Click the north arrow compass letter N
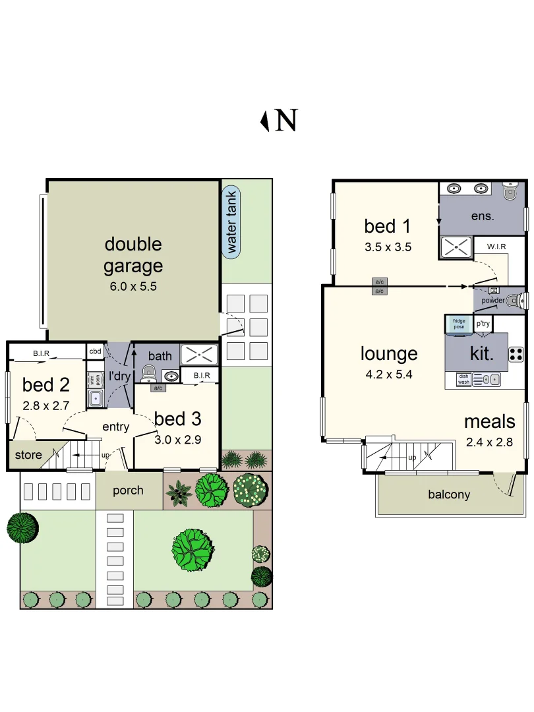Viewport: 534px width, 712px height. pyautogui.click(x=286, y=121)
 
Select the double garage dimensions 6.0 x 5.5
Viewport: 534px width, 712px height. pyautogui.click(x=133, y=287)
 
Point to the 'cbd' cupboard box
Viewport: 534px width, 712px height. pyautogui.click(x=96, y=351)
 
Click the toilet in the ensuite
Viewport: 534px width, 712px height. pyautogui.click(x=511, y=191)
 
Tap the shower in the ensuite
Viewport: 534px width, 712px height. pyautogui.click(x=456, y=247)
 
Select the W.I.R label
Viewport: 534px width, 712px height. pyautogui.click(x=496, y=247)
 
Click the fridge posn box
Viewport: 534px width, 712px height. pyautogui.click(x=459, y=324)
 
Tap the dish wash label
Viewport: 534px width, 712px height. pyautogui.click(x=463, y=380)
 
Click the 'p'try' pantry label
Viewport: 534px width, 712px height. pyautogui.click(x=483, y=324)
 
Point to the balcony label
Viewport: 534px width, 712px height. pyautogui.click(x=449, y=494)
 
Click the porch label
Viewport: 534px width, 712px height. pyautogui.click(x=128, y=490)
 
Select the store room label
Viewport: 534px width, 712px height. pyautogui.click(x=28, y=454)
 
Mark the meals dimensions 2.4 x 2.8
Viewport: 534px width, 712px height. pyautogui.click(x=489, y=442)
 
